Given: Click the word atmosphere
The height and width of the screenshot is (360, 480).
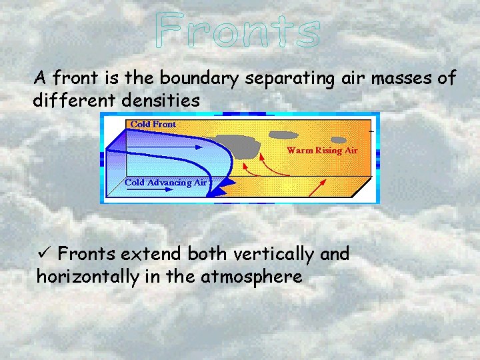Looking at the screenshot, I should [251, 277].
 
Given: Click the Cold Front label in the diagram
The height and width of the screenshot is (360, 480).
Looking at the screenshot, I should [153, 124].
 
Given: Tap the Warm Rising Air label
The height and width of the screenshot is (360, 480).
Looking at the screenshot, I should [322, 150].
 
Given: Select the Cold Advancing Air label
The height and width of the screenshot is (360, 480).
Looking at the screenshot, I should [167, 182].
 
